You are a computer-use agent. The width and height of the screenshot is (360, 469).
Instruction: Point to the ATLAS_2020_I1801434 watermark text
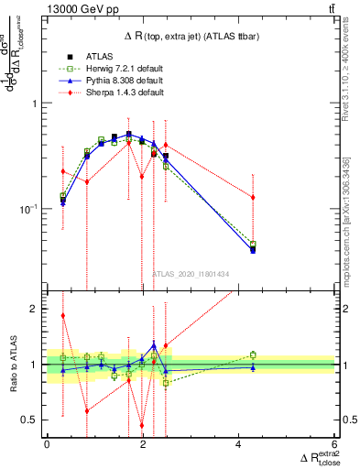click(x=191, y=274)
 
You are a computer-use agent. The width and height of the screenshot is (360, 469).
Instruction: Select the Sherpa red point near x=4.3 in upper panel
click(x=253, y=198)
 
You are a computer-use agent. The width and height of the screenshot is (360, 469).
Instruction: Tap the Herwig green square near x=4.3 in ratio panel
click(x=253, y=354)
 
